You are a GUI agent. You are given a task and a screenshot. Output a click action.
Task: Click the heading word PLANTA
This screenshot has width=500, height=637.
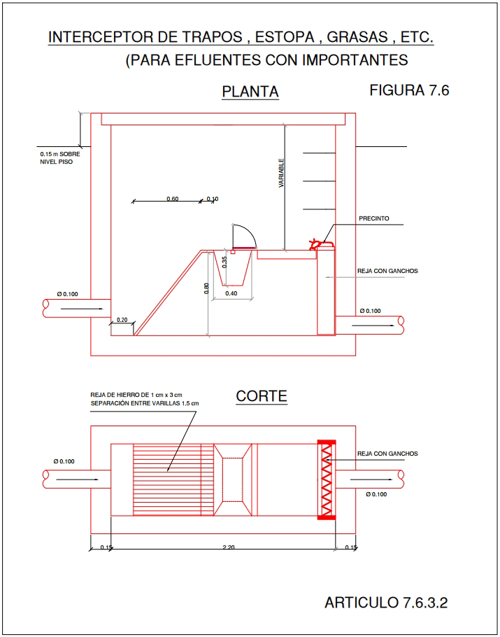(250, 92)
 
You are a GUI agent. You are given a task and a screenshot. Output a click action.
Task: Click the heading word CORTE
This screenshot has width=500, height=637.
(262, 396)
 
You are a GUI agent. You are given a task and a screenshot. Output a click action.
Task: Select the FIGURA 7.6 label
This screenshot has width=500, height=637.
(408, 90)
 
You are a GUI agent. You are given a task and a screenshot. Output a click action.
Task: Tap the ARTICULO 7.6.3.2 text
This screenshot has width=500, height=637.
(385, 602)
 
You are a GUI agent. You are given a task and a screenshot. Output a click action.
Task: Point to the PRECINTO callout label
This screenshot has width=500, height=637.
(374, 218)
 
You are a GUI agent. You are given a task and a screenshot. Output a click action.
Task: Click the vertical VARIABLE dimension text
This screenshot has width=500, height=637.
(281, 174)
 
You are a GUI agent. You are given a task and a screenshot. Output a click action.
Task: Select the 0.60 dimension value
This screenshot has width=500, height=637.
(173, 199)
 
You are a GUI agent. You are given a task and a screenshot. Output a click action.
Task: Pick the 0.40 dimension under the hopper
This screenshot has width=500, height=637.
(231, 293)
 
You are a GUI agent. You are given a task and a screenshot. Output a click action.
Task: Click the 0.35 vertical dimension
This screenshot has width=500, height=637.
(224, 262)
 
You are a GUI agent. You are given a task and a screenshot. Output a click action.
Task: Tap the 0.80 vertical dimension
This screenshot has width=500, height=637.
(206, 288)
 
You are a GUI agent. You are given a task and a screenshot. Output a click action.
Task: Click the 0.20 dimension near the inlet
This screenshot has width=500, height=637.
(122, 319)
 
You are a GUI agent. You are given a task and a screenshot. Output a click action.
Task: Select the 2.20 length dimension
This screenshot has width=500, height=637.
(228, 547)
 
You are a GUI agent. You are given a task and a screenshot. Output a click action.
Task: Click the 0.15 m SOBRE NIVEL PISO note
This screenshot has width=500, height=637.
(57, 157)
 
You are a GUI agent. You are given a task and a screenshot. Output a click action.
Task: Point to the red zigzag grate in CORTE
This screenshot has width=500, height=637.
(327, 479)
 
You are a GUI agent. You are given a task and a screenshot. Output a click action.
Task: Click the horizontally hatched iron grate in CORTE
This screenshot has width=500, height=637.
(173, 479)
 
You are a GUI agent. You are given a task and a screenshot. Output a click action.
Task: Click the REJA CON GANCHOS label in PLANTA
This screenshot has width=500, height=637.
(387, 270)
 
